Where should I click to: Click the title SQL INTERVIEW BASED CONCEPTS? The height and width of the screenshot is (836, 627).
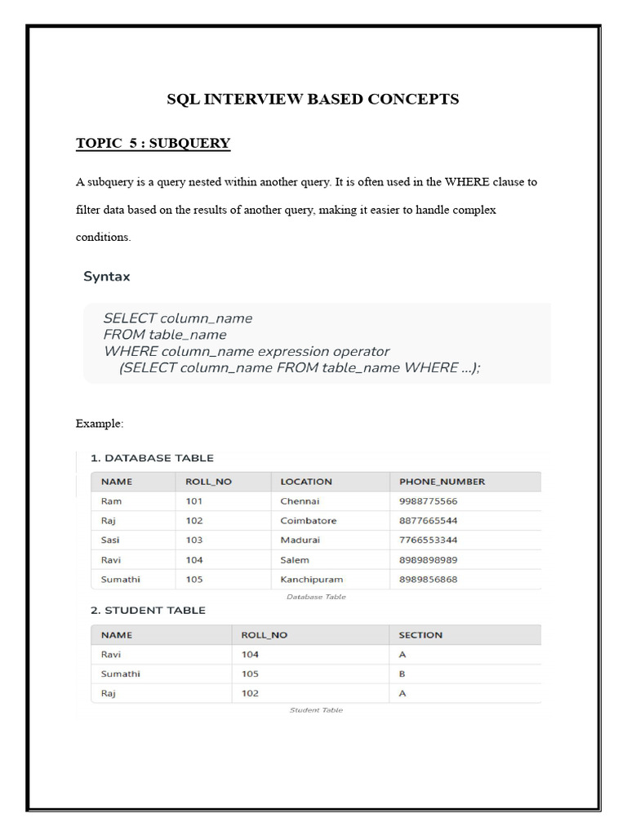[x=313, y=100]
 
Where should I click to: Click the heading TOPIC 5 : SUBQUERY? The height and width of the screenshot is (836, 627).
[x=153, y=144]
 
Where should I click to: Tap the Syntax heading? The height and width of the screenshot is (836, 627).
[x=106, y=277]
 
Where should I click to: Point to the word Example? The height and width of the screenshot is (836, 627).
[x=100, y=424]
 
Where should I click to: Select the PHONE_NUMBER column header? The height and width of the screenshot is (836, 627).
[x=442, y=482]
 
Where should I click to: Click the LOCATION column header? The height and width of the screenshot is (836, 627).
[x=306, y=482]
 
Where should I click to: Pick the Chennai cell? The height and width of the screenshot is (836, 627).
[x=300, y=501]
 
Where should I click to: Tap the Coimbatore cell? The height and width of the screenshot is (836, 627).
[x=308, y=521]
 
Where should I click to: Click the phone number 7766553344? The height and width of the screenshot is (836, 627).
[x=429, y=540]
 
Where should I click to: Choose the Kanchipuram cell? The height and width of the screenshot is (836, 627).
[x=311, y=580]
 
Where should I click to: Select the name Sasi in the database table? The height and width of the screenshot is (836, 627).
[x=110, y=540]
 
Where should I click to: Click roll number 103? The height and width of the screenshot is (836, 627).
[x=194, y=540]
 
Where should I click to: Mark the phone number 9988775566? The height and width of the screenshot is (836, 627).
[x=429, y=501]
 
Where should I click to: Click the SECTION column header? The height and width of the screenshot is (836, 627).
[x=420, y=635]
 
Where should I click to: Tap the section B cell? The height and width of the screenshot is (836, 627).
[x=402, y=674]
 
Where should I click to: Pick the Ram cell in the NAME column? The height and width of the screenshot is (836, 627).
[x=111, y=501]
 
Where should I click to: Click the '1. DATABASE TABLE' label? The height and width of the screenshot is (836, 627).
[x=152, y=458]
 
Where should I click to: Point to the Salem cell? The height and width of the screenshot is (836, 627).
[x=295, y=560]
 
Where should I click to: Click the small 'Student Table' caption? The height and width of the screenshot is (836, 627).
[x=316, y=710]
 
